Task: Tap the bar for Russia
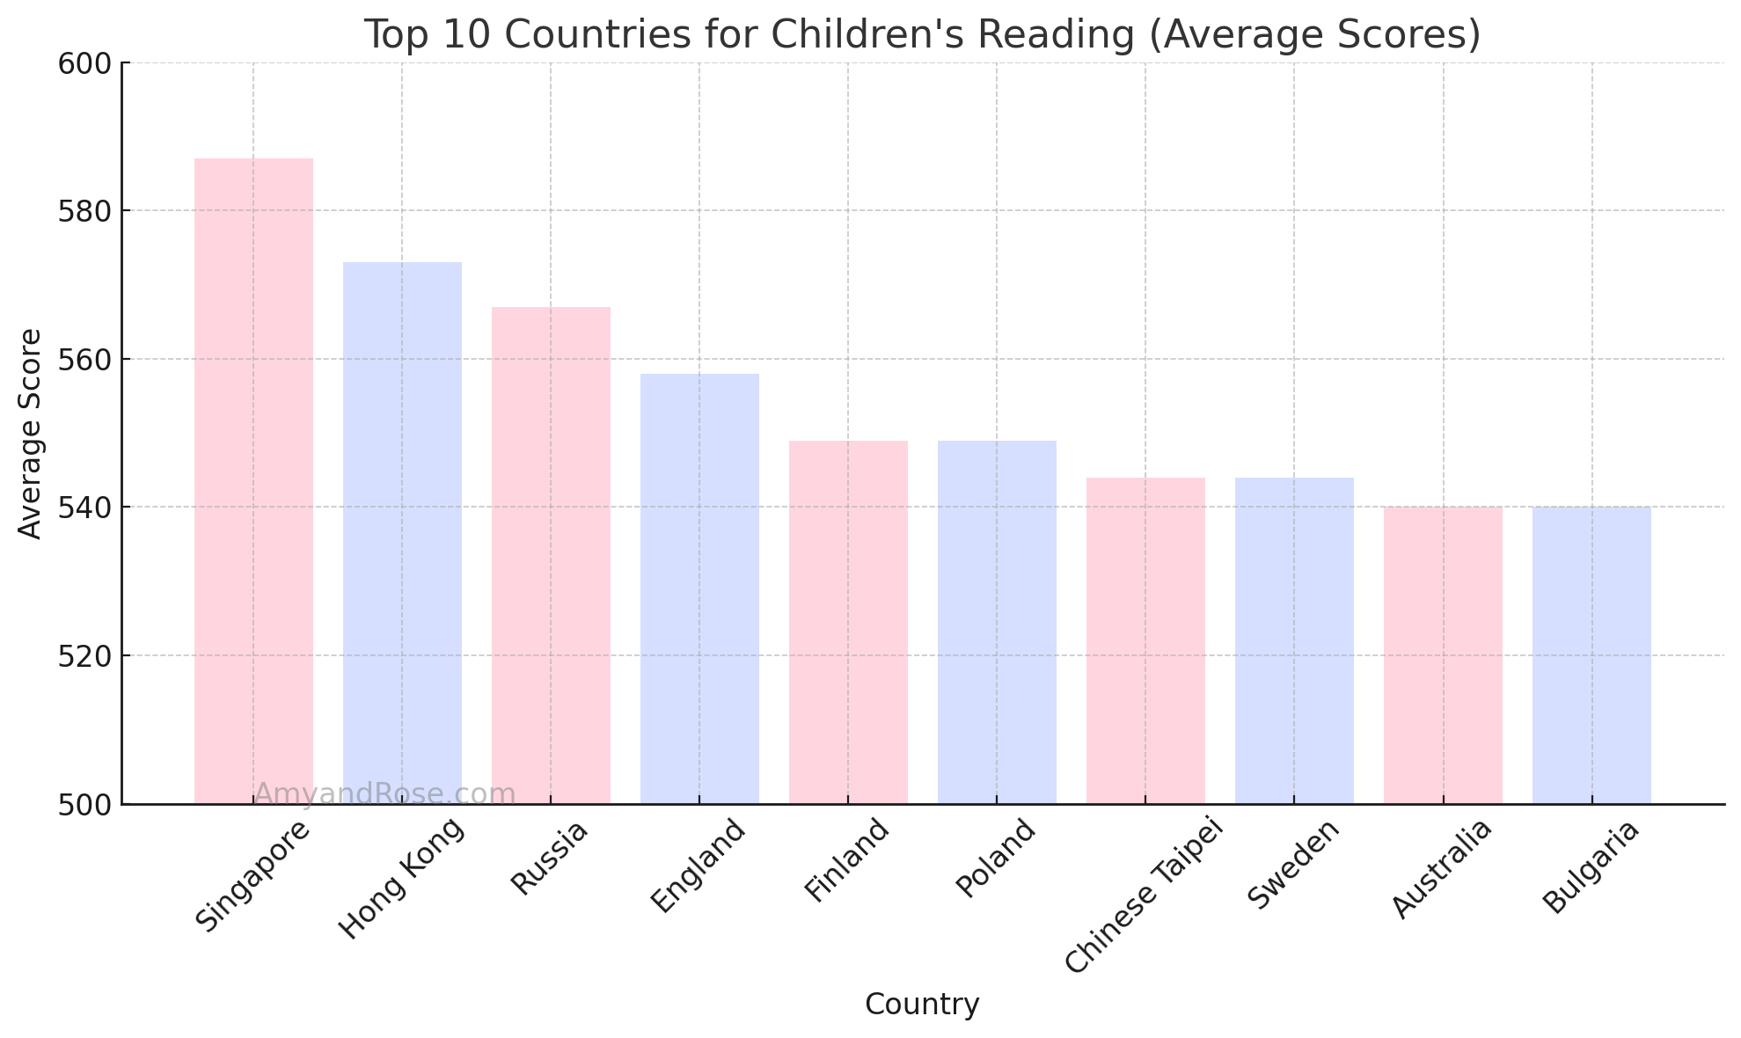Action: coord(551,554)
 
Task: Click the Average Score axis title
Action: coord(31,433)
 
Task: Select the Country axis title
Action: coord(922,1005)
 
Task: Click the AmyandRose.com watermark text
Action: coord(384,794)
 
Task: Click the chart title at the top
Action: coord(922,35)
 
